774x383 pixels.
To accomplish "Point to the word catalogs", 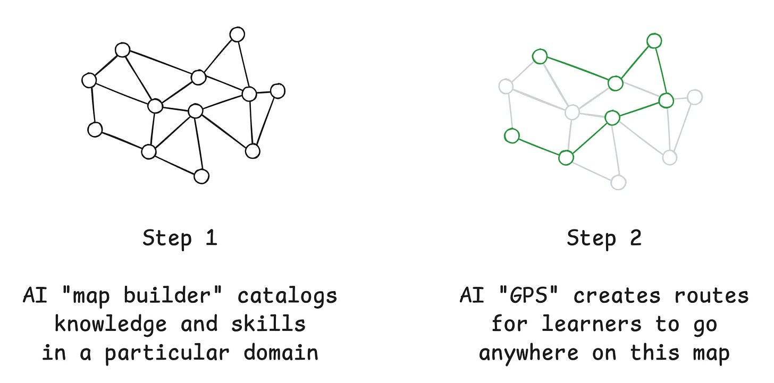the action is [x=287, y=296].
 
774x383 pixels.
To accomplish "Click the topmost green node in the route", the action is [x=654, y=41].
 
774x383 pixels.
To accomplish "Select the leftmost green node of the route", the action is [x=511, y=136].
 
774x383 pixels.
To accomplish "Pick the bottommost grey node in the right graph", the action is [x=618, y=182].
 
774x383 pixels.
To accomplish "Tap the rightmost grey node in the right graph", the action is [x=694, y=97].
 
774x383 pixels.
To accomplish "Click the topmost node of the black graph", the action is [x=237, y=35].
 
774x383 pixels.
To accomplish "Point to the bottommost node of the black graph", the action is [x=201, y=176].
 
